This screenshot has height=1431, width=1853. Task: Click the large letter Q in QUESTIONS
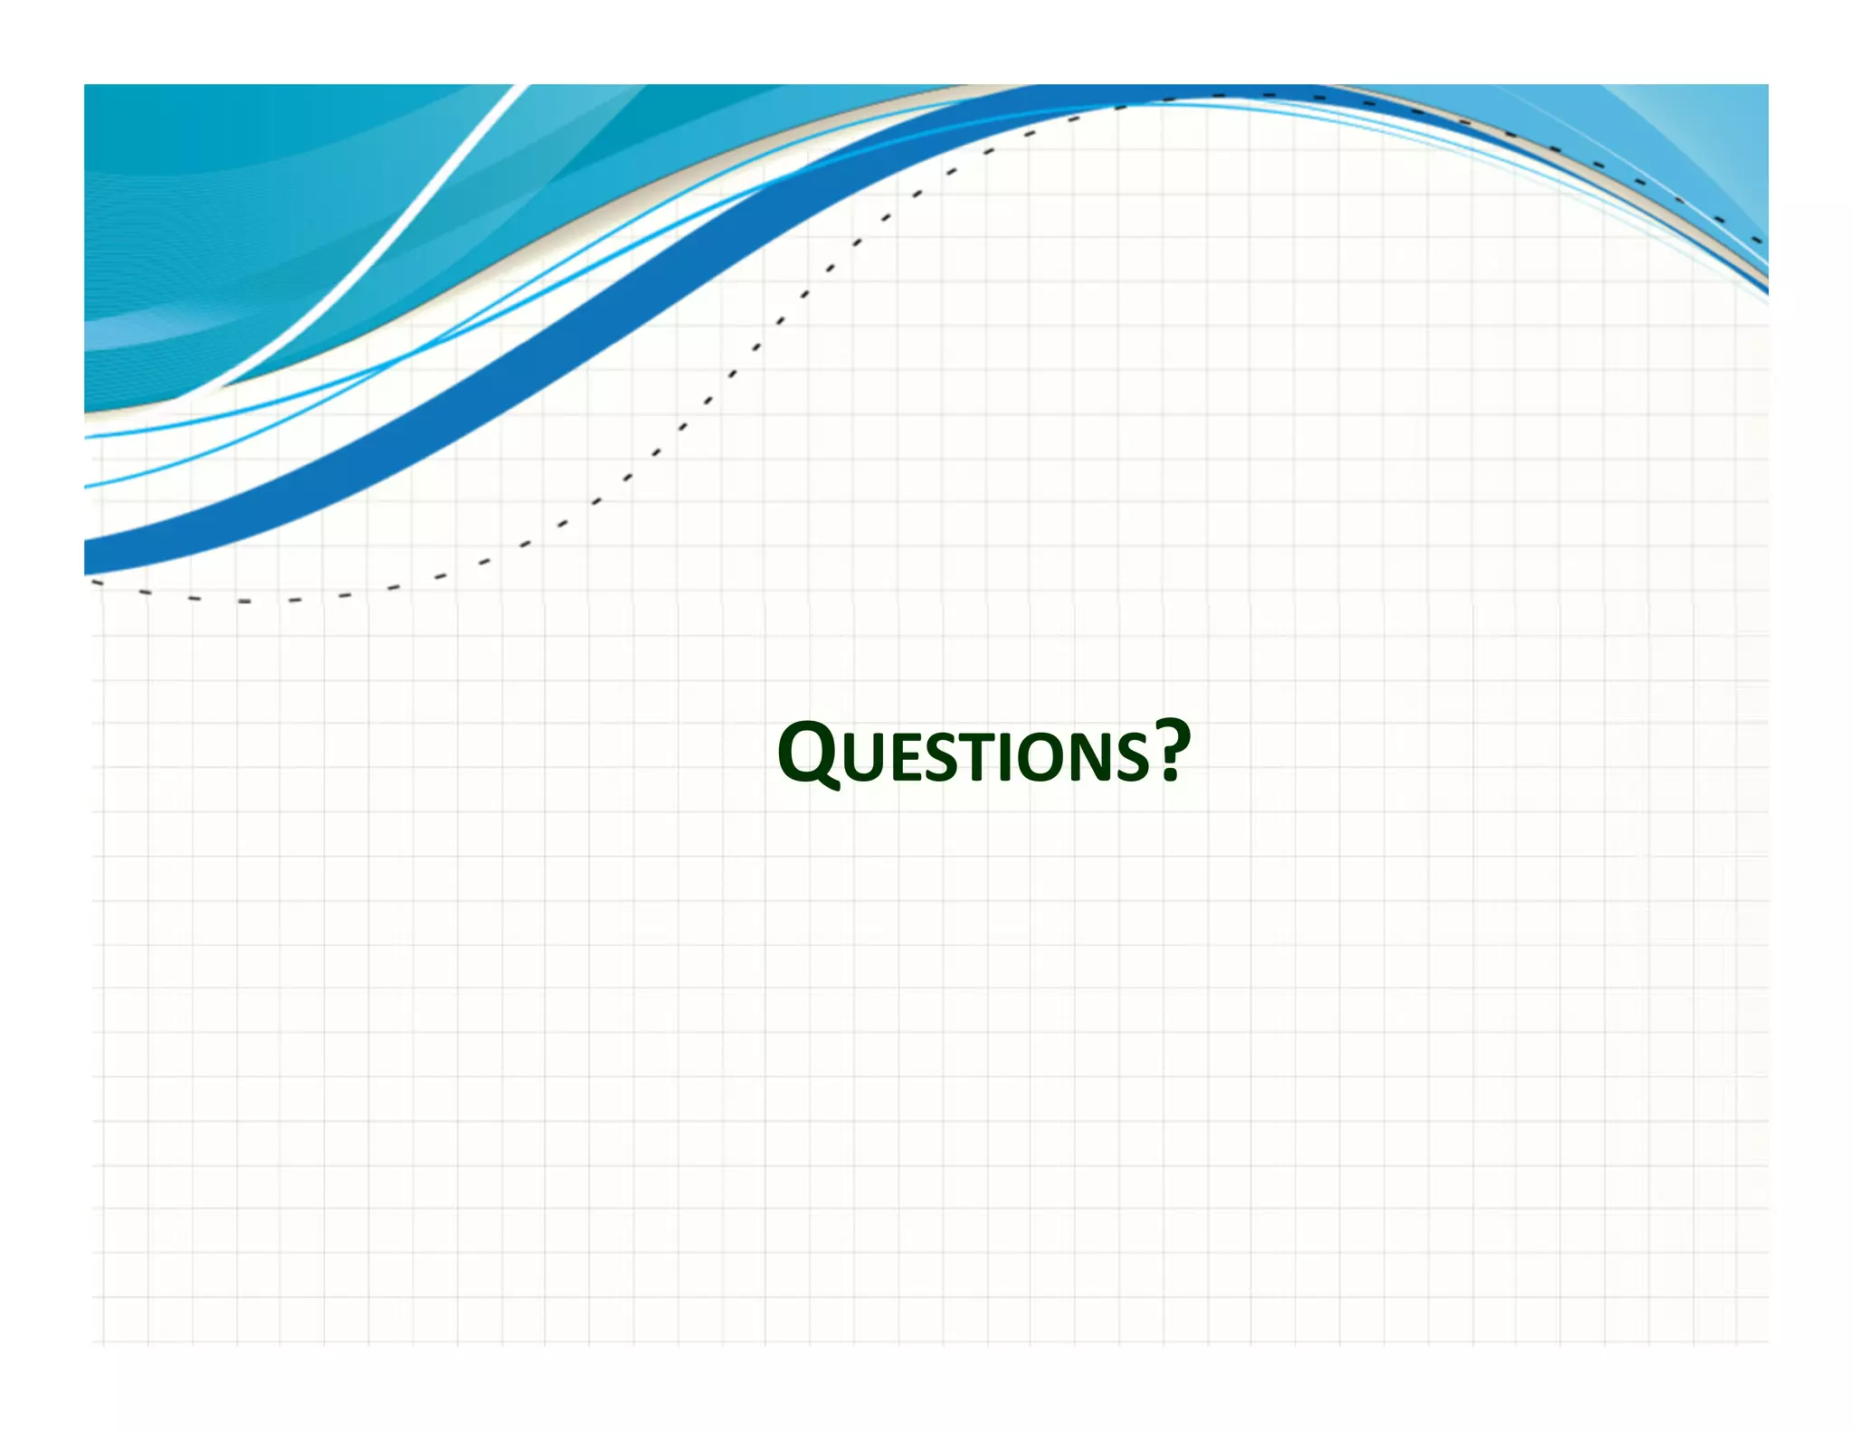pyautogui.click(x=808, y=753)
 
